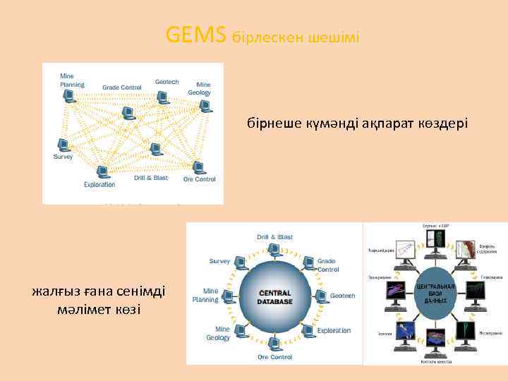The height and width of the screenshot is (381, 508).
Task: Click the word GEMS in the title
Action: click(x=197, y=34)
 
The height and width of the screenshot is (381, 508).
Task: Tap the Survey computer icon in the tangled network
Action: click(x=64, y=145)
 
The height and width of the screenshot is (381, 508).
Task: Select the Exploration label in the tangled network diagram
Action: click(x=99, y=185)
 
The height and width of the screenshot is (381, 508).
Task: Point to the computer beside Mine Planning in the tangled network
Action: click(x=69, y=97)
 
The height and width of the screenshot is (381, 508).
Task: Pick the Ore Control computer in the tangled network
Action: click(x=198, y=167)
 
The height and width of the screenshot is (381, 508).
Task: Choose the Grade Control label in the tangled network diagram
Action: click(x=122, y=87)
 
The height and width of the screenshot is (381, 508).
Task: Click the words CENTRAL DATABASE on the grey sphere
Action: click(x=275, y=297)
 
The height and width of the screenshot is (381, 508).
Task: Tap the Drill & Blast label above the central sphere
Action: click(x=275, y=237)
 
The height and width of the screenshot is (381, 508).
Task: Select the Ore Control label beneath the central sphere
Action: click(x=274, y=357)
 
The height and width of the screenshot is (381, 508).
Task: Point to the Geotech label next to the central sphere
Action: click(x=342, y=296)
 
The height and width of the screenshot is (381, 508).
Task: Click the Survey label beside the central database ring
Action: click(x=219, y=260)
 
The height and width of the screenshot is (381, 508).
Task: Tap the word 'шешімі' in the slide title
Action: click(x=334, y=37)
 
